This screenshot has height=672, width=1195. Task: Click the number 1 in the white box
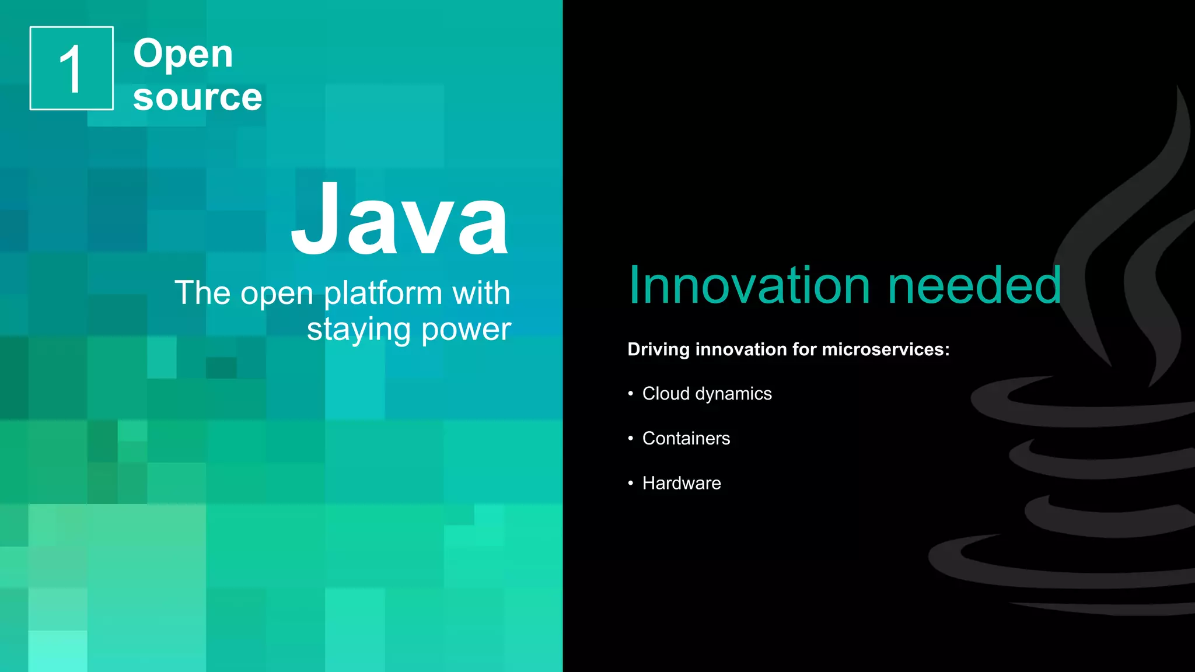click(x=71, y=69)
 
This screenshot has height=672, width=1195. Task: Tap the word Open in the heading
click(x=183, y=54)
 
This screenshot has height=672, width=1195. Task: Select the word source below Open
click(x=197, y=97)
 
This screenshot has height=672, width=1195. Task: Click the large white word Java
click(x=400, y=220)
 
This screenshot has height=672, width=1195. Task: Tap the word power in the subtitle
click(x=466, y=330)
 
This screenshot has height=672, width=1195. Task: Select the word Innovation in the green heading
click(x=749, y=285)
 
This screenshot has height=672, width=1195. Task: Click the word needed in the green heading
click(x=974, y=285)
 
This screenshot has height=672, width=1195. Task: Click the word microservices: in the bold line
click(x=885, y=349)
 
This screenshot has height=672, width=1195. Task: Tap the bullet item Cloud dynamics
click(x=707, y=394)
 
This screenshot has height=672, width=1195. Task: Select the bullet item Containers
click(x=686, y=439)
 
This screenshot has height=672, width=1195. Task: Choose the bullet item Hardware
click(x=682, y=484)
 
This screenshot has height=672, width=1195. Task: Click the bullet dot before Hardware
click(x=631, y=484)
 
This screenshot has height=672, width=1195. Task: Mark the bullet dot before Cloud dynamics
click(x=631, y=394)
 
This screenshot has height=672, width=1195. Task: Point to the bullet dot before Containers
click(x=631, y=439)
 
